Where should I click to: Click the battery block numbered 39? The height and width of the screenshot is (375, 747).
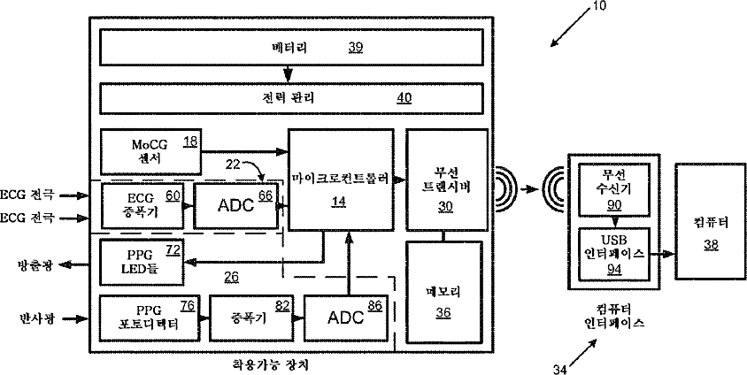pos(293,48)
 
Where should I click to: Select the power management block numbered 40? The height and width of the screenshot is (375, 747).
pos(293,97)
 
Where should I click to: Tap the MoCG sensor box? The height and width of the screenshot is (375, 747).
pos(151,152)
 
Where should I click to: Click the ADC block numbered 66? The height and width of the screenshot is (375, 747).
pos(235,204)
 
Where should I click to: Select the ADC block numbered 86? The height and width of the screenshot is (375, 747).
pos(347,318)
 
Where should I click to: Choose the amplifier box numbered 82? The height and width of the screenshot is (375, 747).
pos(250,317)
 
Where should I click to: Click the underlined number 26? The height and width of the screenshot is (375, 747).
pos(231,277)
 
